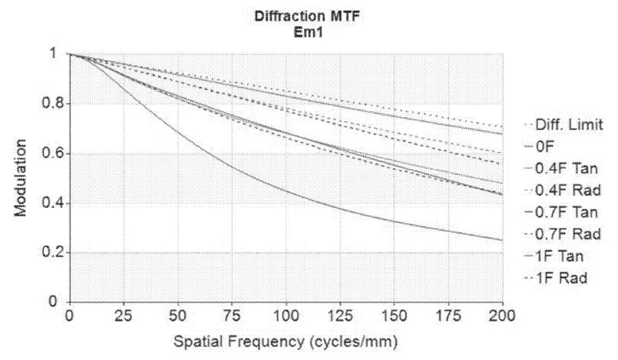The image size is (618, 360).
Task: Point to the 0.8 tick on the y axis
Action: [50, 104]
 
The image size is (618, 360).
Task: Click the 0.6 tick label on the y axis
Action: [50, 154]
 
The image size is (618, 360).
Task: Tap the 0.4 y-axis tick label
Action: [50, 203]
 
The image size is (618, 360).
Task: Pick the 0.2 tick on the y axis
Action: [50, 253]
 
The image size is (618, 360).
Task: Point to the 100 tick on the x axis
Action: [285, 313]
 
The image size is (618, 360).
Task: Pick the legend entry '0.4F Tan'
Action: [560, 169]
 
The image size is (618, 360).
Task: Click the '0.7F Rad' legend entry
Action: [560, 235]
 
